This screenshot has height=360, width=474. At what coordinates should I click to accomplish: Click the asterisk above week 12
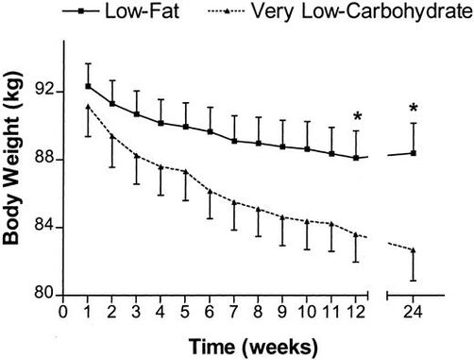(x=357, y=117)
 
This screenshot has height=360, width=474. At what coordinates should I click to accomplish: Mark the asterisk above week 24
(x=414, y=109)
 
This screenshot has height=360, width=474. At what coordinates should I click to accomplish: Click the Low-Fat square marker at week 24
(x=414, y=152)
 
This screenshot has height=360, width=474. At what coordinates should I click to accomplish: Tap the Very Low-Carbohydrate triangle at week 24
(x=414, y=249)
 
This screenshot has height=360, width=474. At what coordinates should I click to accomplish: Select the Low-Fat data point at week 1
(x=88, y=86)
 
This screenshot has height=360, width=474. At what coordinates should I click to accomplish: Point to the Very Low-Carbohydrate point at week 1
(x=88, y=107)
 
